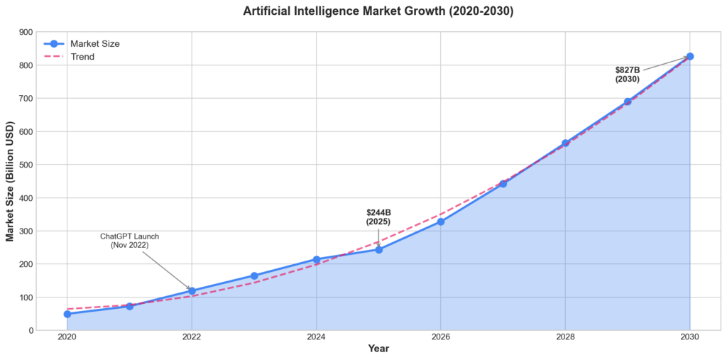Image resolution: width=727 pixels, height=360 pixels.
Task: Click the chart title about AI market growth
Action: click(377, 11)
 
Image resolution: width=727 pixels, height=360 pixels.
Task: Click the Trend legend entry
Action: click(82, 57)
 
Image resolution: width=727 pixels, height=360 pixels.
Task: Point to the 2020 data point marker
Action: click(67, 314)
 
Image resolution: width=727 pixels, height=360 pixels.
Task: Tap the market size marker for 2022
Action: click(192, 291)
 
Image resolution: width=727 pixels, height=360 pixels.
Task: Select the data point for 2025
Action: click(378, 249)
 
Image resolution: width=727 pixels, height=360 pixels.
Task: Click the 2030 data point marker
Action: click(689, 56)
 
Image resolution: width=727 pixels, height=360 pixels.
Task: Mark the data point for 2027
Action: click(503, 184)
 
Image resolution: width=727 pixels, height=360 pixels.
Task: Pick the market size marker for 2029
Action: click(628, 102)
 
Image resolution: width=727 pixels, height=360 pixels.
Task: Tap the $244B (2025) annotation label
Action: click(378, 217)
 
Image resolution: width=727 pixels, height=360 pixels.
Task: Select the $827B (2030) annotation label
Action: click(628, 75)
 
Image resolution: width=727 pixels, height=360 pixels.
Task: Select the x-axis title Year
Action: click(378, 349)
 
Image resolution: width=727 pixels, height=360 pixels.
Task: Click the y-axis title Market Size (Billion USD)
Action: click(11, 180)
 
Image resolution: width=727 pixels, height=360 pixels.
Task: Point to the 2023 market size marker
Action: click(254, 276)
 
